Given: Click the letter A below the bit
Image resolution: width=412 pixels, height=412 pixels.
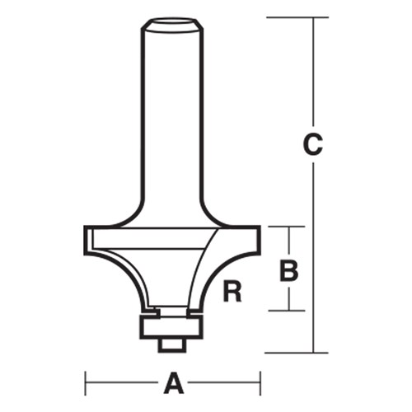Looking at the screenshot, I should pos(174,382).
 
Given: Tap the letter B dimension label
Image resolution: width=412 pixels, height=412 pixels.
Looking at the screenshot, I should pos(288,269).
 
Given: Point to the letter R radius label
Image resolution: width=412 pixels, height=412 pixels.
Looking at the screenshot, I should pos(233,291).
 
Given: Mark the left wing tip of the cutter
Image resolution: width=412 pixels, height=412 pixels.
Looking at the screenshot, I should pos(88,238).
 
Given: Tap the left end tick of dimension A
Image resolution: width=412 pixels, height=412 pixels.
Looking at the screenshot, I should pos(86,382).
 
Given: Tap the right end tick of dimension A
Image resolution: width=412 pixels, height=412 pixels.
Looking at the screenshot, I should pos(260,382).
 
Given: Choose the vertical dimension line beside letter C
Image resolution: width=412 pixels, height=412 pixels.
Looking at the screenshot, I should pos(313,247).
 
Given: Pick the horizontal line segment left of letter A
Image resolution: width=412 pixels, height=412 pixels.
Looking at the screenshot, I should pos(124,382).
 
